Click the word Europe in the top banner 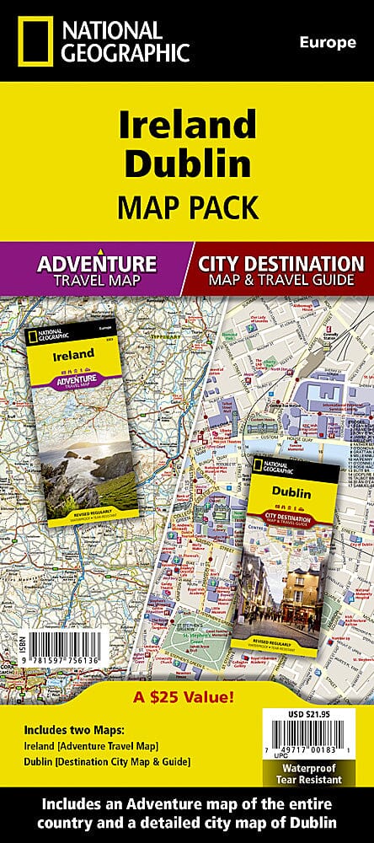tap(328, 43)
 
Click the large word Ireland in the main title tap(187, 125)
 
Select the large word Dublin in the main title tap(187, 165)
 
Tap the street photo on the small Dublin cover tap(297, 582)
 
